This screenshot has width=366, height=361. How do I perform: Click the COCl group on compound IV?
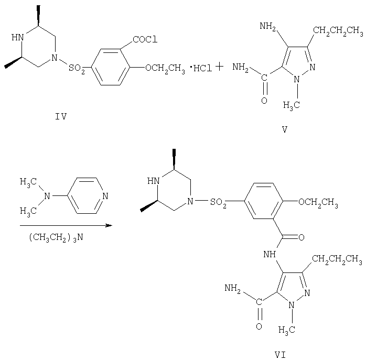coord(145,39)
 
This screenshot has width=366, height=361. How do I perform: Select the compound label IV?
coord(61,116)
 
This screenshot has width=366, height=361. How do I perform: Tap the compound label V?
coord(285,129)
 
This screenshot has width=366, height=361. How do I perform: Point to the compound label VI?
coord(280,355)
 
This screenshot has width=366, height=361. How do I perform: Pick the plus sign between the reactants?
coord(219,67)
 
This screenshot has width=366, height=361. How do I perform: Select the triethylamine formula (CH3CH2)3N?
coord(56,238)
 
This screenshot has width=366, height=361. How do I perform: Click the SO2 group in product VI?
coord(218,202)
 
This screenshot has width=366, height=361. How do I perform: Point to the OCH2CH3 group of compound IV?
coord(165,69)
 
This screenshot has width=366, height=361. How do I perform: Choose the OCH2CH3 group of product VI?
coord(318,202)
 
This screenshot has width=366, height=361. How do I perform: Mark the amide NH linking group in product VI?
coord(270,254)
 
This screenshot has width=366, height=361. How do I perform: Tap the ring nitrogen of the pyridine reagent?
coord(105,196)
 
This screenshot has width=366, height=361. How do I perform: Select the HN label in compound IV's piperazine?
coord(18,37)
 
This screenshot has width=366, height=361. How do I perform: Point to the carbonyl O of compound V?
coord(264,101)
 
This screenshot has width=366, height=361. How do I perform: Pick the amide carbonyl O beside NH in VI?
coord(302,237)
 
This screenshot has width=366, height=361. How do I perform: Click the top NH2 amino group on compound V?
coord(268,27)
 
